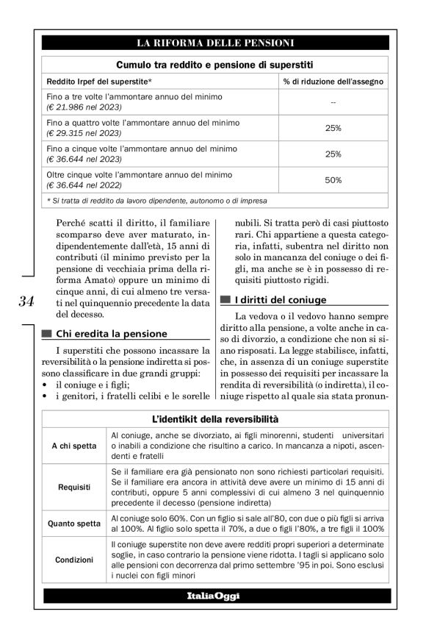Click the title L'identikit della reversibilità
click(x=214, y=418)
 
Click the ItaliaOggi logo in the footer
click(x=214, y=594)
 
